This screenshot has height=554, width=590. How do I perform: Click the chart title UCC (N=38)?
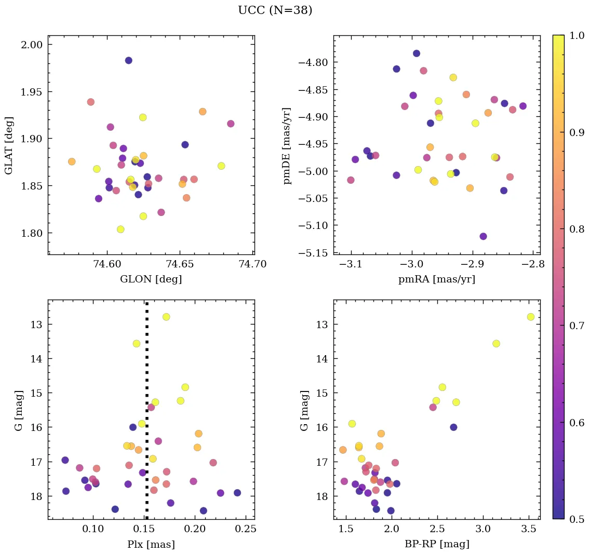click(275, 10)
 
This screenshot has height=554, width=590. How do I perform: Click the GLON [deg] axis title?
click(151, 279)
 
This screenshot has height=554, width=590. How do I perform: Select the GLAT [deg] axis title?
click(9, 145)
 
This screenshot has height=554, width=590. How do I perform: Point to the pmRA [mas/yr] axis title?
click(436, 279)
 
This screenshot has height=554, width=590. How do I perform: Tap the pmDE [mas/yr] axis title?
click(287, 146)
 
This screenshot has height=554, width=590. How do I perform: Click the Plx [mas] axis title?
click(151, 544)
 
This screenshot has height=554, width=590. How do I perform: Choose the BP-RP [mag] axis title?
click(436, 544)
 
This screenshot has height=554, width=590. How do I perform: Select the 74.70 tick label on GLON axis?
click(253, 264)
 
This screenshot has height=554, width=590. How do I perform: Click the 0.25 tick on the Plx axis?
click(246, 529)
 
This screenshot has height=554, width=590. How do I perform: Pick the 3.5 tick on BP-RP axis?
click(529, 529)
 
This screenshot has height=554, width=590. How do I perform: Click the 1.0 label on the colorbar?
click(576, 35)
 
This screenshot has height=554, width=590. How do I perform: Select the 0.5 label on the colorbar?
click(576, 519)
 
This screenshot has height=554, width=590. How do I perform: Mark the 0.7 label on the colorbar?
click(576, 326)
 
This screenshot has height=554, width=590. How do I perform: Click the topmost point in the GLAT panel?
click(128, 61)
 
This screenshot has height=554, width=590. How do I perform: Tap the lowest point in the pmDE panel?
click(483, 236)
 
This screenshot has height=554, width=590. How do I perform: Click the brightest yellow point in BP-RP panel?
click(530, 317)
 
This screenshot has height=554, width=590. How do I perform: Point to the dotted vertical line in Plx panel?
click(147, 415)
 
